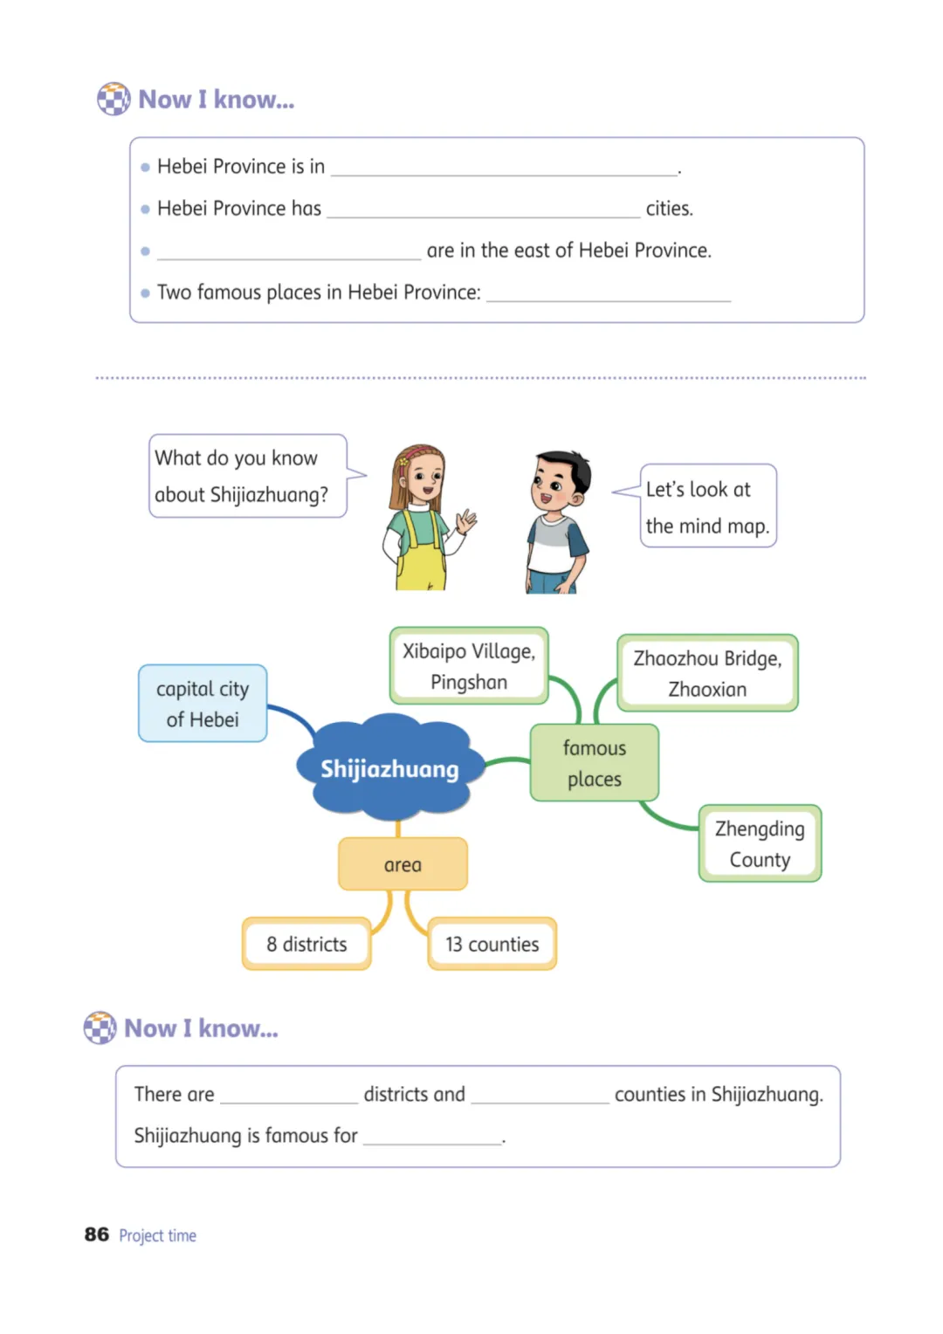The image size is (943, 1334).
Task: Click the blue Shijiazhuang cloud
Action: (x=390, y=767)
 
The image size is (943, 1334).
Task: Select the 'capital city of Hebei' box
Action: (x=203, y=704)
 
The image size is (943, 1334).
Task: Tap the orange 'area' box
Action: (x=403, y=864)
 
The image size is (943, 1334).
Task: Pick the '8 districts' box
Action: (x=306, y=944)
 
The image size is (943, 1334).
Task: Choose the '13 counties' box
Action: (x=492, y=944)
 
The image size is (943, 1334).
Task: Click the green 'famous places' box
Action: (x=595, y=763)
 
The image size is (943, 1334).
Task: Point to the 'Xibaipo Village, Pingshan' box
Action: (x=469, y=666)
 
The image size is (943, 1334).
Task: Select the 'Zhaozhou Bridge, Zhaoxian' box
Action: (x=707, y=673)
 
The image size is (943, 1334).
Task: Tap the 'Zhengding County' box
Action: (x=760, y=843)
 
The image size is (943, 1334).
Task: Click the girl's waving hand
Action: (x=466, y=520)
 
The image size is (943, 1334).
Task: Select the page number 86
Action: (x=97, y=1234)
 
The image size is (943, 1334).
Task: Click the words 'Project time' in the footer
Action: (x=157, y=1235)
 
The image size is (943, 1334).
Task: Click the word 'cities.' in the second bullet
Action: (x=670, y=209)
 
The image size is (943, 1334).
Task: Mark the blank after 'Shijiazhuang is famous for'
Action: (x=432, y=1144)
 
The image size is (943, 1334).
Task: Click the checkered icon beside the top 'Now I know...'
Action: (x=114, y=99)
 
